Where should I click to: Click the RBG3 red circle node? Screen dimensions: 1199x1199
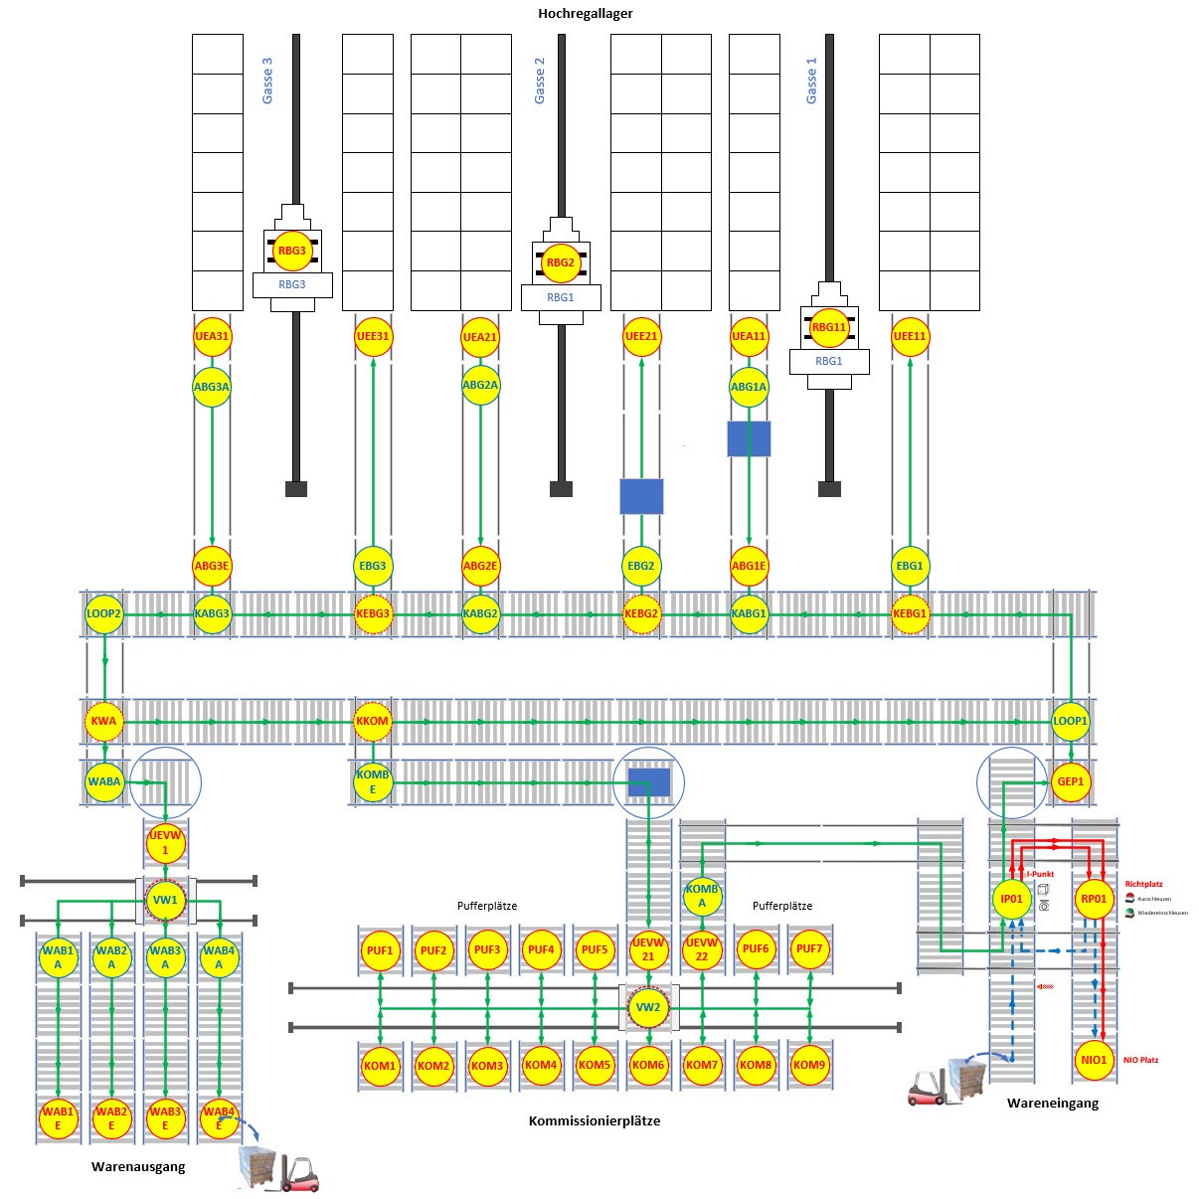click(292, 251)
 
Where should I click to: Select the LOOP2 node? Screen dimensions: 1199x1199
click(103, 614)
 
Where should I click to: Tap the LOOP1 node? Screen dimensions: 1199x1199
click(1071, 721)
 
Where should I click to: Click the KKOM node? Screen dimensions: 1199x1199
click(373, 721)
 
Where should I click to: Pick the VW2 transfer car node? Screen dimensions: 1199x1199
click(648, 1008)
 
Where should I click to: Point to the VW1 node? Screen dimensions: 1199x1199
click(165, 901)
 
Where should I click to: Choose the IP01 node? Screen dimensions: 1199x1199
click(1011, 899)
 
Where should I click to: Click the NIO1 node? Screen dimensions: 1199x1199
click(1094, 1060)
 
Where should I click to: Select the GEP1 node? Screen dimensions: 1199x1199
click(1071, 781)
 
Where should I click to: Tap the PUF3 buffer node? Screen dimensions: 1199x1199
click(487, 949)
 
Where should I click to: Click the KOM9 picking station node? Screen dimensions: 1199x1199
click(809, 1065)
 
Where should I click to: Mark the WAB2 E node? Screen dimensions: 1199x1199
click(111, 1118)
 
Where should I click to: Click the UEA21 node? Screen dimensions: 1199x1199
click(480, 337)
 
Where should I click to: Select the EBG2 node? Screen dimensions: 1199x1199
click(641, 566)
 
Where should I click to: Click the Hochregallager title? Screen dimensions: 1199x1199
click(586, 14)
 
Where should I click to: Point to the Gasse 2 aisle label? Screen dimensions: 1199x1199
click(540, 81)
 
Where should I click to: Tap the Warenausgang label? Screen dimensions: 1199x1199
click(138, 1166)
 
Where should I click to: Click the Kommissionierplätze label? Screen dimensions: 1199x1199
click(595, 1120)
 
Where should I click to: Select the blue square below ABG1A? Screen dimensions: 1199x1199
click(749, 438)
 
